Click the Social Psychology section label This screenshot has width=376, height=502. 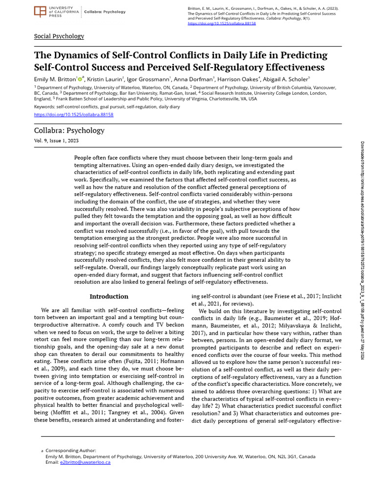point(59,36)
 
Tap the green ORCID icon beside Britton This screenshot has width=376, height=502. point(80,78)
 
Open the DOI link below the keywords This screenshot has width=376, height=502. point(73,114)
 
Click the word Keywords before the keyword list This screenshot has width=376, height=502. point(44,106)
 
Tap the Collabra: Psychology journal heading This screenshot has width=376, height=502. point(69,130)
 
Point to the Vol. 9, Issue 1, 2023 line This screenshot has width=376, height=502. point(56,141)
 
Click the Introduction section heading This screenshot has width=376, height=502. point(109,297)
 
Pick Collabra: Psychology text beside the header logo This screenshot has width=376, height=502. point(105,12)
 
